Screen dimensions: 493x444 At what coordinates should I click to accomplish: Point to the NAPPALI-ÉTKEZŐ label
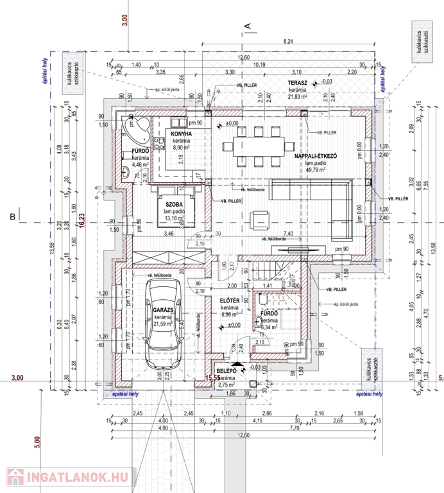[x=316, y=156]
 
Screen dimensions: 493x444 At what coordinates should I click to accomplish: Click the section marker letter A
[x=246, y=25]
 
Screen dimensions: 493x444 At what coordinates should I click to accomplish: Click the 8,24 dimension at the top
[x=289, y=41]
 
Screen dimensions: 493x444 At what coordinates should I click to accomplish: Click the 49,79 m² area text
[x=316, y=171]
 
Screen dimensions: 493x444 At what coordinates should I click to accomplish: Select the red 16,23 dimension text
[x=81, y=218]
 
